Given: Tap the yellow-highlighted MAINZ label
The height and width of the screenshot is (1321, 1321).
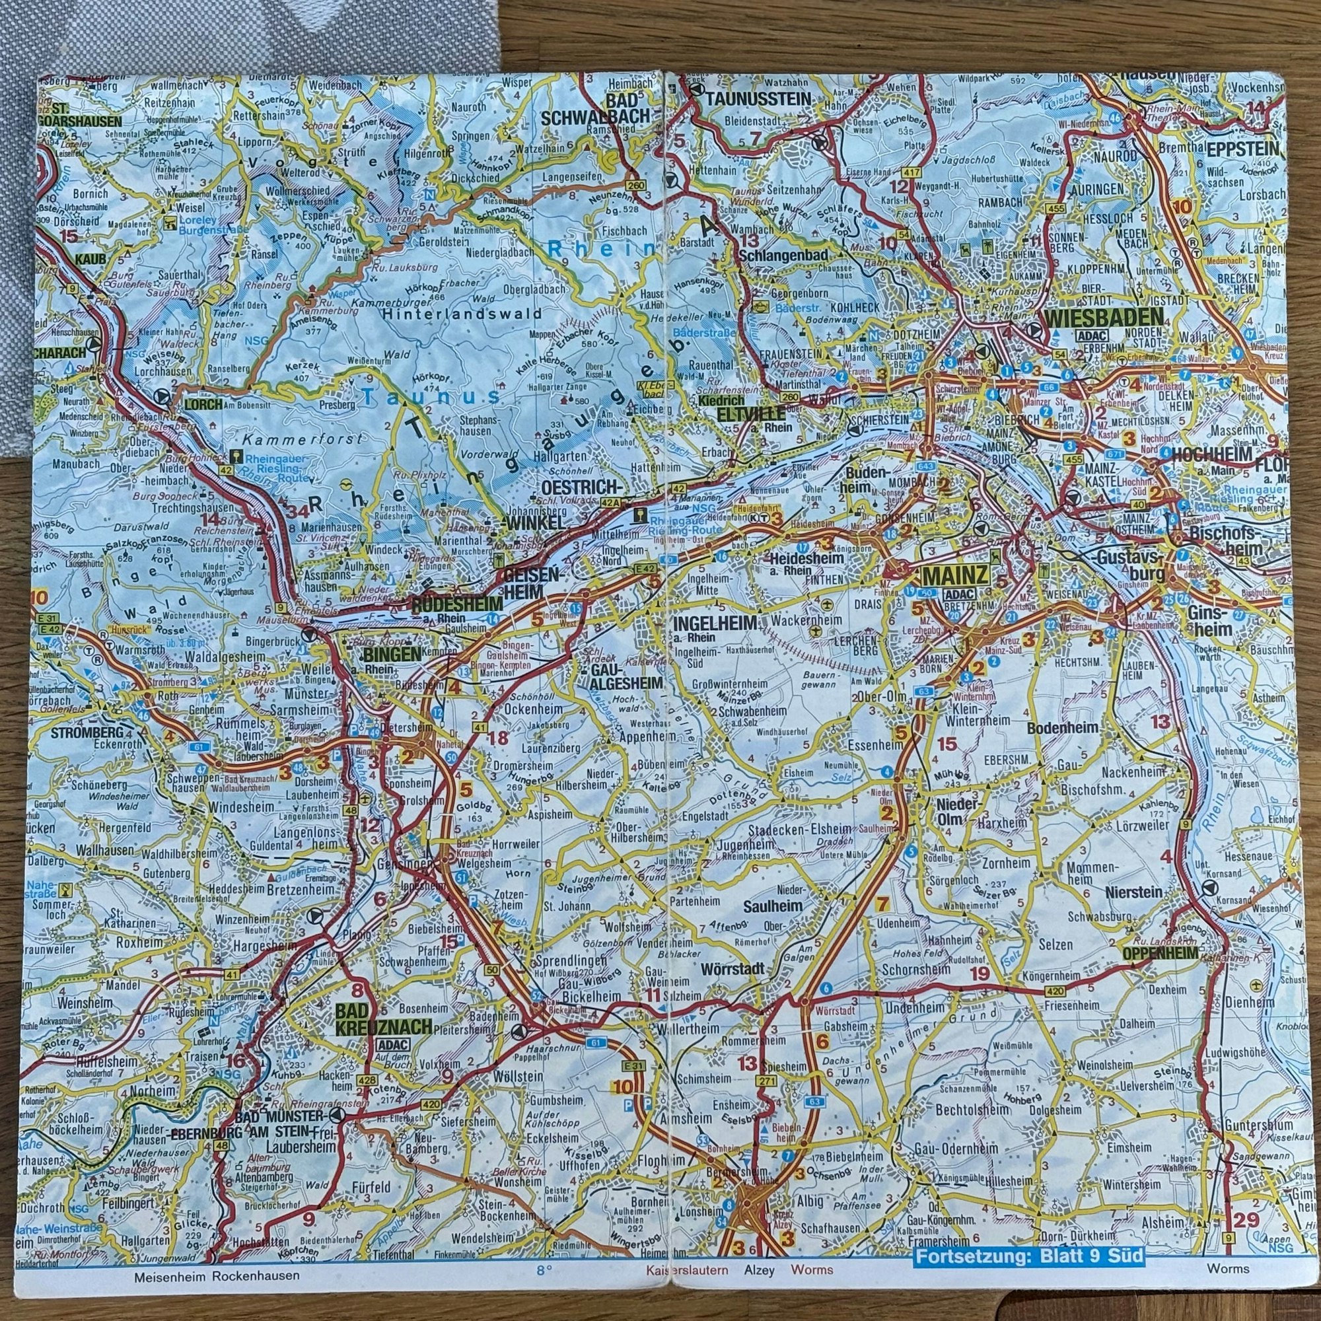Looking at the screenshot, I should coord(954,577).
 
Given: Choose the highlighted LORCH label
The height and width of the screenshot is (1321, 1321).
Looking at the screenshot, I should coord(203,404).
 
